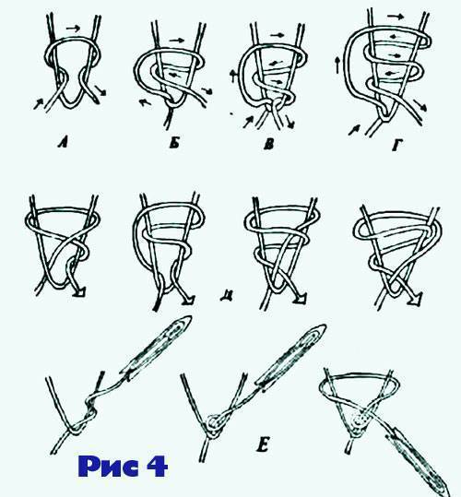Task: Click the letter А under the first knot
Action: click(63, 144)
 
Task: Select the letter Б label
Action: click(174, 144)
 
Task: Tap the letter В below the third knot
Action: click(268, 145)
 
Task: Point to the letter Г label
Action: click(397, 146)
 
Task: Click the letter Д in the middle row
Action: click(226, 295)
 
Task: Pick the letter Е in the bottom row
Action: click(263, 446)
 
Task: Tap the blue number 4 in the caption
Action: click(157, 466)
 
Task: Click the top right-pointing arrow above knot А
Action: click(73, 29)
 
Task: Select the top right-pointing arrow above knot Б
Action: click(177, 41)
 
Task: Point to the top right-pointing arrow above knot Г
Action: click(396, 17)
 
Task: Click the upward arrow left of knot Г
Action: click(338, 65)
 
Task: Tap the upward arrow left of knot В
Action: click(233, 76)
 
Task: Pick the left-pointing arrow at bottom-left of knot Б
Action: click(146, 102)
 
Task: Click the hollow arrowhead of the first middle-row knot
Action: click(81, 293)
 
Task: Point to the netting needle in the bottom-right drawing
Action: click(420, 466)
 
